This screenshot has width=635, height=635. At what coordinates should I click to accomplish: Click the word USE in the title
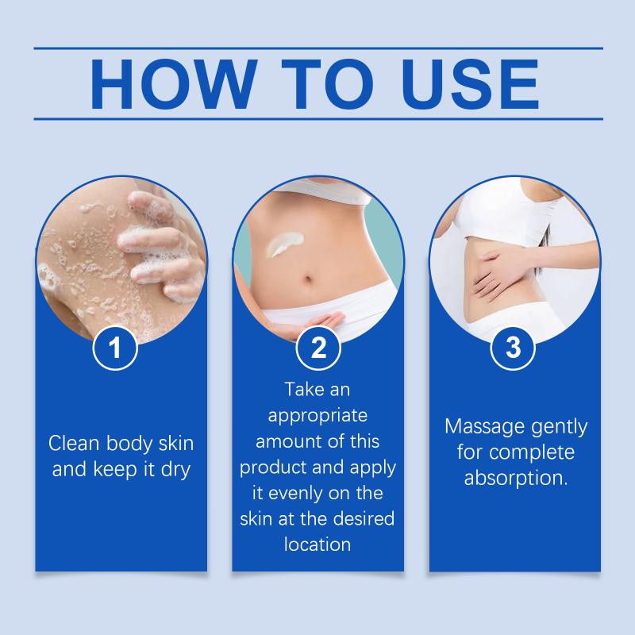(471, 84)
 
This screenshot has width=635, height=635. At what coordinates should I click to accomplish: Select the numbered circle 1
(115, 348)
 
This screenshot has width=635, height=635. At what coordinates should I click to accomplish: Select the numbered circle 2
(318, 348)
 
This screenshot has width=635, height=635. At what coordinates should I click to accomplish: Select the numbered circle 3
(513, 348)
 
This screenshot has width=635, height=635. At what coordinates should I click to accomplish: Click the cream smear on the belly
(286, 244)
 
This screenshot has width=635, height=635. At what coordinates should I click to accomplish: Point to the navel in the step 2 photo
(309, 280)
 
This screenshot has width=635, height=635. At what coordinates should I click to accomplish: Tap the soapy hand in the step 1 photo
(162, 247)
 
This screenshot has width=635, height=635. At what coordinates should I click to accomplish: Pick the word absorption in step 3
(515, 479)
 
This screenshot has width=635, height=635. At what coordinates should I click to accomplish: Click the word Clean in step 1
(74, 444)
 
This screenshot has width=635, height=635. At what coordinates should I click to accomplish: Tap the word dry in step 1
(175, 471)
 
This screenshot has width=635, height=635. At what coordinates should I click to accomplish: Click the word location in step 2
(317, 545)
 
